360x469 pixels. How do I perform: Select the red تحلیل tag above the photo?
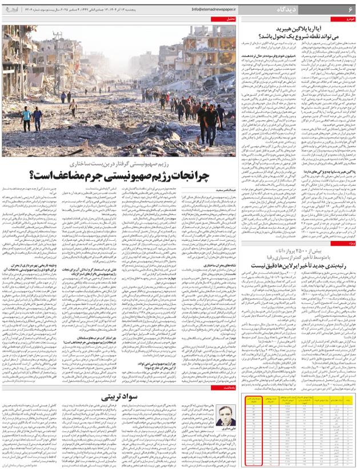click(x=231, y=19)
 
